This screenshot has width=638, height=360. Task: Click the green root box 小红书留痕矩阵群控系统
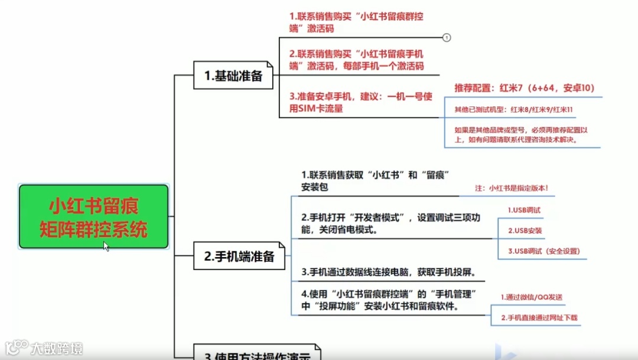coord(93,216)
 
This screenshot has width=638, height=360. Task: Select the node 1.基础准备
coord(233,76)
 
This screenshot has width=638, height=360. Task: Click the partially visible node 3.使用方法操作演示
coord(257,354)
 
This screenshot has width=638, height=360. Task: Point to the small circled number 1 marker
coord(447,37)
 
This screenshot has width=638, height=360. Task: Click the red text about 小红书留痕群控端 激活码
coord(356,22)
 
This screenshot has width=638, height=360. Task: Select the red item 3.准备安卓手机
coord(353,102)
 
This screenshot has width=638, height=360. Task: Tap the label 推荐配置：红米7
coord(524,88)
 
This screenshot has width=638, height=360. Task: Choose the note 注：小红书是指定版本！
coord(512,188)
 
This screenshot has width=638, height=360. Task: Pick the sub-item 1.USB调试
coord(524,210)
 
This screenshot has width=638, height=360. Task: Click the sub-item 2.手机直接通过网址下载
coord(539,318)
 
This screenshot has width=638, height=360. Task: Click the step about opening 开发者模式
coord(390,223)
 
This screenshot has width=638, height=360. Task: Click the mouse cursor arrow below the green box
coord(106,245)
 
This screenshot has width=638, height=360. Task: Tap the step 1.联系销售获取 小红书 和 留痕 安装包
coord(376,181)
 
